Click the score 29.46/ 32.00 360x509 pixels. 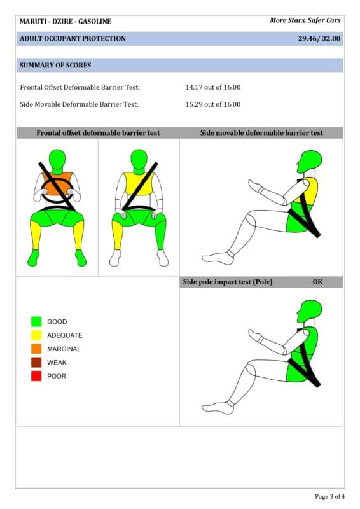[319, 38]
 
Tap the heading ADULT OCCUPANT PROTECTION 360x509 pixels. [73, 38]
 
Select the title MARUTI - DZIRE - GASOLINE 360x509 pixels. [66, 22]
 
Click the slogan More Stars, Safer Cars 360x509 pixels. [305, 20]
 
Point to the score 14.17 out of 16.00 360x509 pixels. [213, 87]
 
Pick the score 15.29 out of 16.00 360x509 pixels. [213, 104]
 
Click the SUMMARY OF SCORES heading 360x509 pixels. [55, 65]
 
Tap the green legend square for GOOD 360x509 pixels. [36, 321]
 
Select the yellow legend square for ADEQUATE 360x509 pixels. [36, 335]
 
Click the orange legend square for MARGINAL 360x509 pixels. [36, 349]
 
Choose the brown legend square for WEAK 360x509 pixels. [36, 362]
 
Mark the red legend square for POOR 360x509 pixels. [36, 376]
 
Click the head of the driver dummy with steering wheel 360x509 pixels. [57, 159]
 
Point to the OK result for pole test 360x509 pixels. [317, 282]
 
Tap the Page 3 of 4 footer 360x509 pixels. [330, 496]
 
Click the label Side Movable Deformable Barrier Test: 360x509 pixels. [80, 104]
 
